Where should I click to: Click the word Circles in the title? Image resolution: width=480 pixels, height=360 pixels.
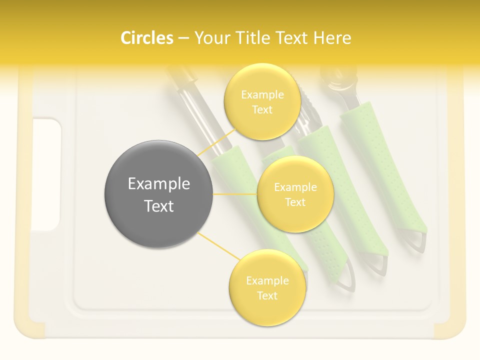point(146,38)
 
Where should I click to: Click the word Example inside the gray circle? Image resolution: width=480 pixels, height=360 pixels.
point(159,184)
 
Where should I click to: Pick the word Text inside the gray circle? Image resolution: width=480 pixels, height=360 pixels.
point(159,206)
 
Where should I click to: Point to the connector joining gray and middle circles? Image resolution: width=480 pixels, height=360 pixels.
point(235,194)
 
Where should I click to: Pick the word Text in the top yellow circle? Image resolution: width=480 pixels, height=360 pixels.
point(262,109)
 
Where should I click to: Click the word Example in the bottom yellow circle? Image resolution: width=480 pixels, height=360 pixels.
point(267,281)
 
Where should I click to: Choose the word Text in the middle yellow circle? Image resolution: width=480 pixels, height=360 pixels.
point(295,202)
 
